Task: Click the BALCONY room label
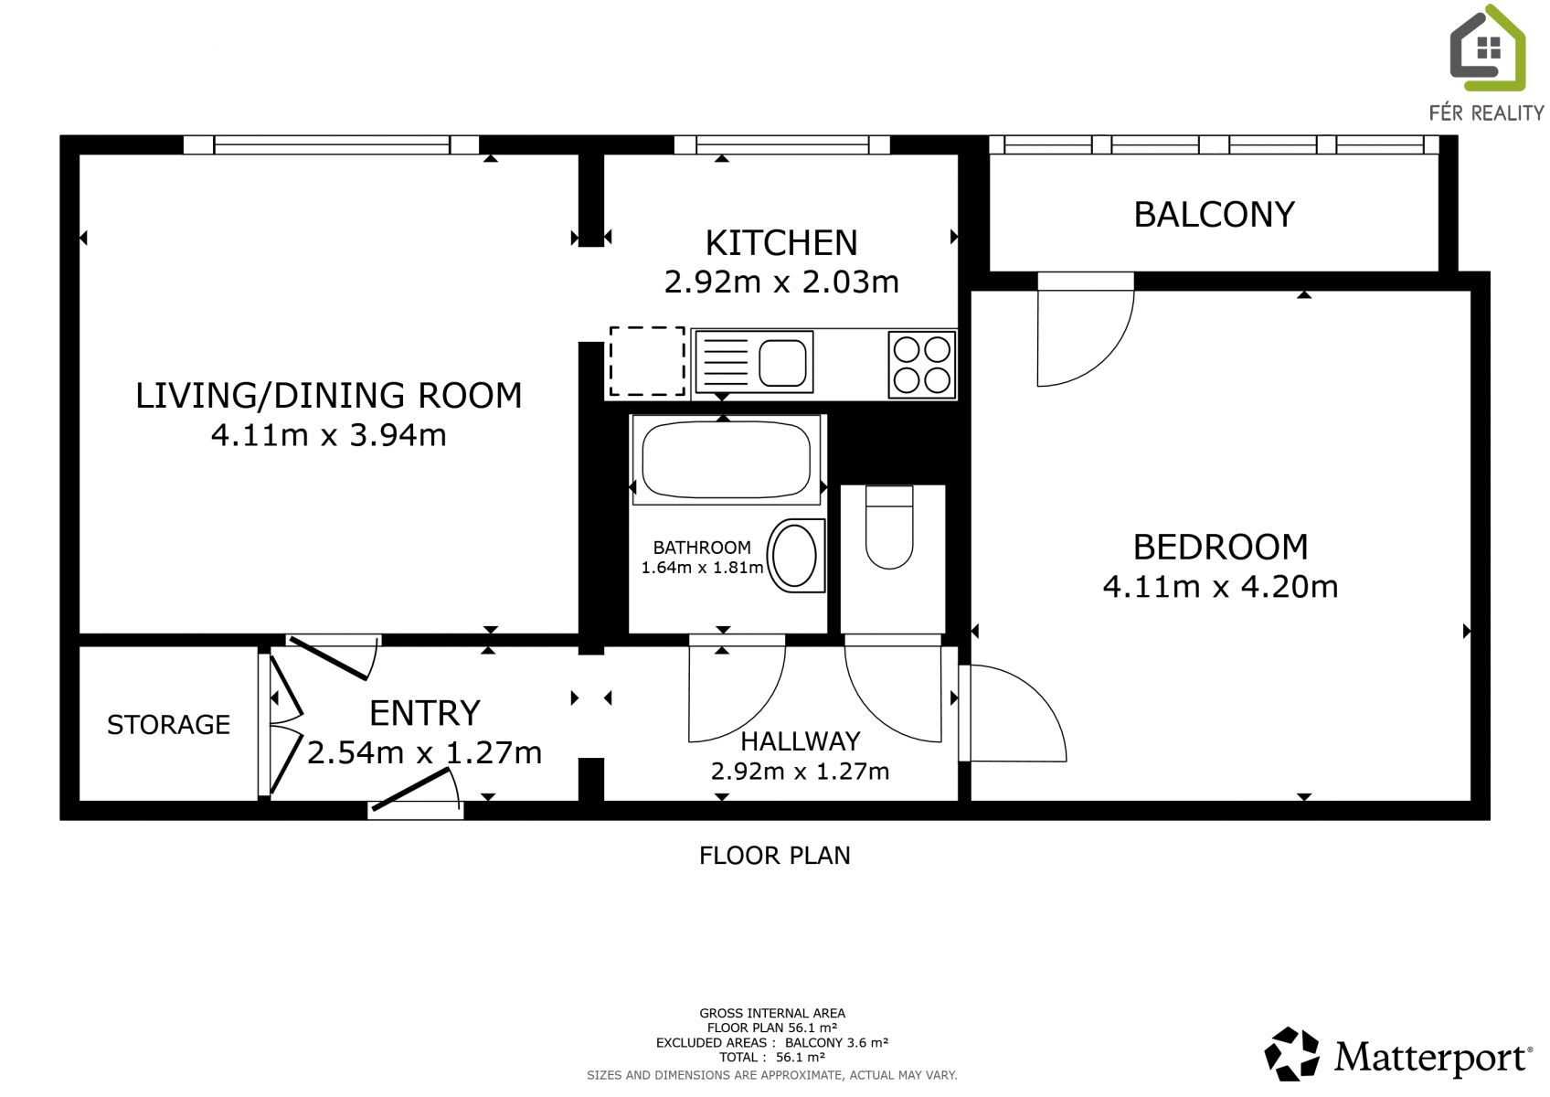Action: click(1214, 215)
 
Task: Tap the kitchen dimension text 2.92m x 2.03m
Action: click(781, 282)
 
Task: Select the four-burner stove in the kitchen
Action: click(922, 366)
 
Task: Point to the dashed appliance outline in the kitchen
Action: click(647, 361)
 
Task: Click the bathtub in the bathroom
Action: click(727, 460)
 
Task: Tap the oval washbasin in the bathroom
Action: click(795, 556)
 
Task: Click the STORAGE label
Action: click(168, 725)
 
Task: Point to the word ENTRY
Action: click(424, 713)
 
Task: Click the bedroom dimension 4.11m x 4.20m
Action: click(1220, 587)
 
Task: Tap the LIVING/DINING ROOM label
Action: click(329, 395)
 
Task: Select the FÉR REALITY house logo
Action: click(1488, 48)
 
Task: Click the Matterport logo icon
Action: click(1292, 1054)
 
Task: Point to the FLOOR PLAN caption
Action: click(774, 857)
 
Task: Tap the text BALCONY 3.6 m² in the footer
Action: click(836, 1042)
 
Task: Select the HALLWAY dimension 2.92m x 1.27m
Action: click(800, 771)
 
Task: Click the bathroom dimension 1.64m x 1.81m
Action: click(702, 569)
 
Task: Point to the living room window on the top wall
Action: click(331, 144)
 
